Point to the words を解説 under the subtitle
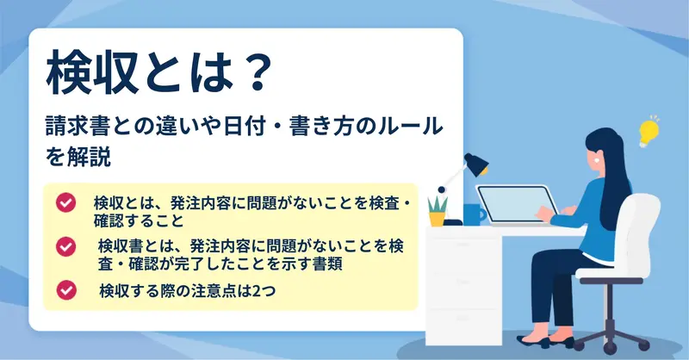[78, 158]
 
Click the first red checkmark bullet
[66, 202]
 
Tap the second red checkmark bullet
[66, 246]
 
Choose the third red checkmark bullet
[66, 290]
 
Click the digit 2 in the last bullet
[256, 290]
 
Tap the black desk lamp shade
[477, 164]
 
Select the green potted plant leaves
[438, 204]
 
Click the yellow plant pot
[438, 219]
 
